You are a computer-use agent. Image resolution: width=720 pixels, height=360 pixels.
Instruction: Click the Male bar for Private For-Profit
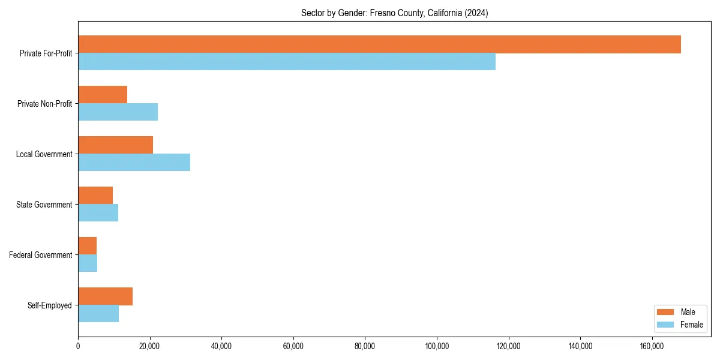tap(379, 44)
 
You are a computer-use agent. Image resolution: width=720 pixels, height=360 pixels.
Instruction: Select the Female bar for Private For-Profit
tap(287, 62)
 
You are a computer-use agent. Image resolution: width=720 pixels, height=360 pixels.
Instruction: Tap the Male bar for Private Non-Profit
tap(103, 95)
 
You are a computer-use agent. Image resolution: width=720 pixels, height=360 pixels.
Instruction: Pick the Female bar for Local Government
tap(134, 163)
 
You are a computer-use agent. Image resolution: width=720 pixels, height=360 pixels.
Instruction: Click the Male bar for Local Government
tap(115, 145)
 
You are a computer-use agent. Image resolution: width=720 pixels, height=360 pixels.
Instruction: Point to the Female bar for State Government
tap(98, 213)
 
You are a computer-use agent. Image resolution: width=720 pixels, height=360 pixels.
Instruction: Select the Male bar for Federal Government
tap(87, 246)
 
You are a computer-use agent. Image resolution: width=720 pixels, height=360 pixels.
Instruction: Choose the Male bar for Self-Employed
tap(105, 296)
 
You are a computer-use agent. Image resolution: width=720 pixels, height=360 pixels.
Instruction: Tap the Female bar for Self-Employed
tap(98, 314)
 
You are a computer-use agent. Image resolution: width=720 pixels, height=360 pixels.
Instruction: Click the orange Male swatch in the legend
tap(666, 312)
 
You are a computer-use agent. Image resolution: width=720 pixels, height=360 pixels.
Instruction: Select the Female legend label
tap(692, 325)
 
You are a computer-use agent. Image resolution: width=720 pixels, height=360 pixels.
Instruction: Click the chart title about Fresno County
tap(394, 13)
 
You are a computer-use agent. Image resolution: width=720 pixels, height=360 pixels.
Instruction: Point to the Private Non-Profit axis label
tap(44, 104)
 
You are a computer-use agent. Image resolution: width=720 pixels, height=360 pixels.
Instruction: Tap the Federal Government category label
tap(41, 255)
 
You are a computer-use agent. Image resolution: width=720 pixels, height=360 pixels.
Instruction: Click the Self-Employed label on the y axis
tap(50, 305)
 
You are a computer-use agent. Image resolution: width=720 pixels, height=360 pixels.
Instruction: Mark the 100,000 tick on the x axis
tap(437, 346)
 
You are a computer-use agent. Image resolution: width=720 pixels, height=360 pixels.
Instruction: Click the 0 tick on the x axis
tap(78, 346)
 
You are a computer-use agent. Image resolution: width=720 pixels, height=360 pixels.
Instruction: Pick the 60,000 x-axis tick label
tap(293, 346)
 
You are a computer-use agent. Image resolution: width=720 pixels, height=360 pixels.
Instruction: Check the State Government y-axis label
tap(44, 205)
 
